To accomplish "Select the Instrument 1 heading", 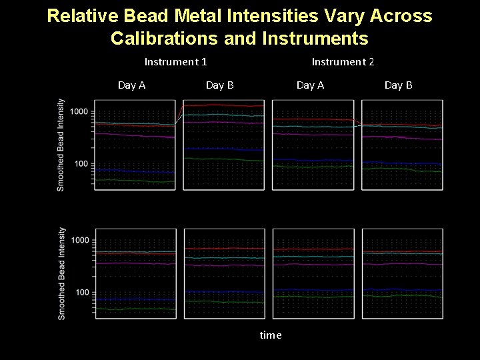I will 175,62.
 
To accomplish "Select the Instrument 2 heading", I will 343,62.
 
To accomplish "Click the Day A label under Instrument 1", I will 131,85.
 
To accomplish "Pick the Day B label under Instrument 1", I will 219,85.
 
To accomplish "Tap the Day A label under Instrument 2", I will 310,85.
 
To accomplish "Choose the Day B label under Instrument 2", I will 398,85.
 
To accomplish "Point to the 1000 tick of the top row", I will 79,111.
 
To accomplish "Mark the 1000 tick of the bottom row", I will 79,240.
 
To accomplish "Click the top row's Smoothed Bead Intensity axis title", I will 61,145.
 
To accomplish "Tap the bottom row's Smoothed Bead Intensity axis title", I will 61,273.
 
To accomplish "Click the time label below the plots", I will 270,335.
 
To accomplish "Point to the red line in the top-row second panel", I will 223,105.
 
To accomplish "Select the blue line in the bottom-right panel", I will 402,291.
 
